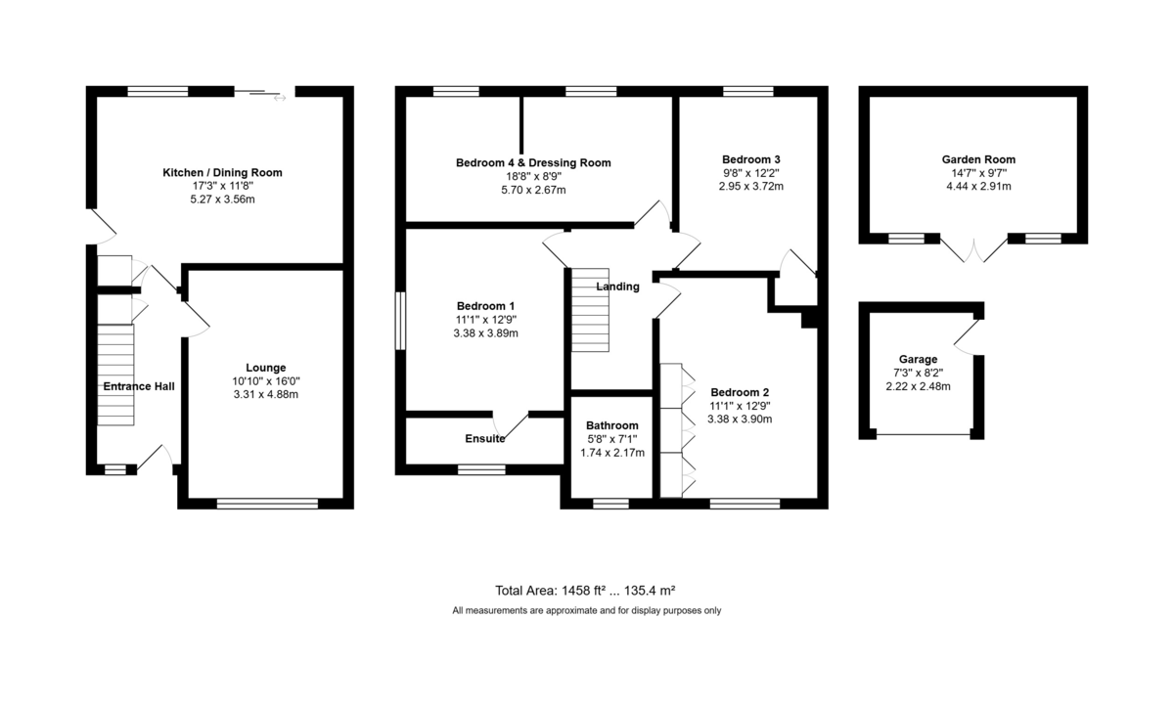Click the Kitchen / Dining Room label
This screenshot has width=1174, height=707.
222,173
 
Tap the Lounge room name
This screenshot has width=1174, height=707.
266,368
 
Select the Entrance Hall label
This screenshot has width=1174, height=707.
139,386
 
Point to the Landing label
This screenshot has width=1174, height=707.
618,287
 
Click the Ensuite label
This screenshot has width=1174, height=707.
485,438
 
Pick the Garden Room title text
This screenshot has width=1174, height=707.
978,159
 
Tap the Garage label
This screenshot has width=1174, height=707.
919,359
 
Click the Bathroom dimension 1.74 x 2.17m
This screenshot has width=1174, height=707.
612,453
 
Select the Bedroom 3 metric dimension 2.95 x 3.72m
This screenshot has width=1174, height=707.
751,187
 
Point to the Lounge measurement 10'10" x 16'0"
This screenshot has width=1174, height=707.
266,381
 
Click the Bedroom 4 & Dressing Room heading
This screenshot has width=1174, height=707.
533,163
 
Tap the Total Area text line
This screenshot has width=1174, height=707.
585,591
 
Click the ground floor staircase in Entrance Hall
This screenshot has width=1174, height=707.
115,375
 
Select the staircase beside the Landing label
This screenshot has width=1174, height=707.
590,310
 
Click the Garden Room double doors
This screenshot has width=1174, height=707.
973,249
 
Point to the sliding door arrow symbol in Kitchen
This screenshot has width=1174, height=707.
280,98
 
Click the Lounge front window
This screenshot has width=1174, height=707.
267,504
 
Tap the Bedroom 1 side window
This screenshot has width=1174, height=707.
400,321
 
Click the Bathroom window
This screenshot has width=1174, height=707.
610,504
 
